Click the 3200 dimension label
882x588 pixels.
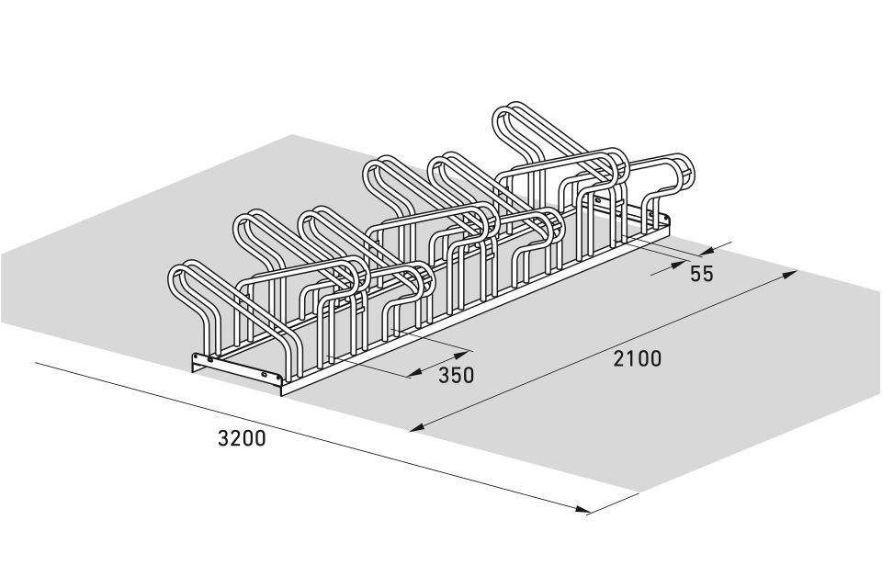pos(242,438)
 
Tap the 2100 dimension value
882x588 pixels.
pos(638,358)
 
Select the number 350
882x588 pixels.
pos(457,375)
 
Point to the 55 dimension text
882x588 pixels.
pos(701,274)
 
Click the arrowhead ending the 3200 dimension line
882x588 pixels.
pos(583,509)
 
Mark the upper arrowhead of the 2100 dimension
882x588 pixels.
pos(790,274)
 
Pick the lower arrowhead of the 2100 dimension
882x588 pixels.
pos(416,428)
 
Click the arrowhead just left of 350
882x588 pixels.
pos(415,372)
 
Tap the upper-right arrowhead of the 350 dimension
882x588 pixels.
pos(461,355)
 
